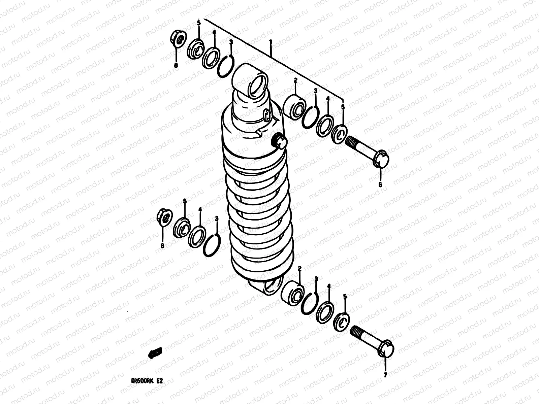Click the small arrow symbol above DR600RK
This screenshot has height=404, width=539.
[x=155, y=352]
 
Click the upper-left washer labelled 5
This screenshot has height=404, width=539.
[x=195, y=49]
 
